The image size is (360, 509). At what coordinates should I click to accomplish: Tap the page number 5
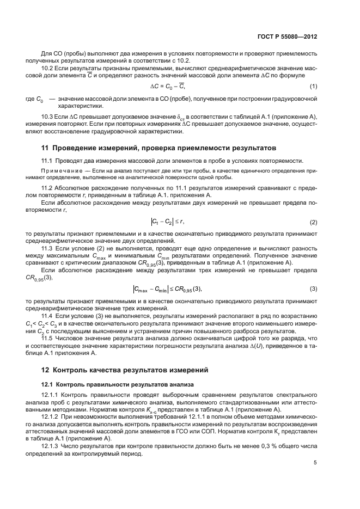pyautogui.click(x=315, y=464)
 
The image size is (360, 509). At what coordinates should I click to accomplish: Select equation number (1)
pyautogui.click(x=314, y=87)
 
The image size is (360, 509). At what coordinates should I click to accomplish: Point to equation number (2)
pyautogui.click(x=314, y=222)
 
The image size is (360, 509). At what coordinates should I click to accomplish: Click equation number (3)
pyautogui.click(x=314, y=288)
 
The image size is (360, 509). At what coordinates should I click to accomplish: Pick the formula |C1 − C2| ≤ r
pyautogui.click(x=168, y=222)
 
